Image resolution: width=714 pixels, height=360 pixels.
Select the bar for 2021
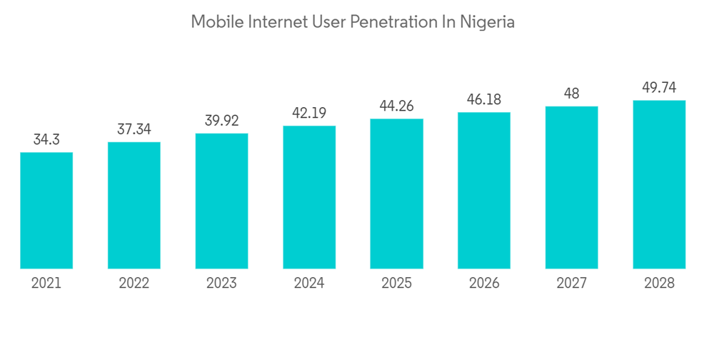click(x=46, y=210)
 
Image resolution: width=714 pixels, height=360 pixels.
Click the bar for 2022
click(x=134, y=205)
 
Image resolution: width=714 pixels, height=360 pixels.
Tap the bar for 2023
click(x=221, y=201)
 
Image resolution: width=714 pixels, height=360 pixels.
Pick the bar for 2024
click(x=309, y=197)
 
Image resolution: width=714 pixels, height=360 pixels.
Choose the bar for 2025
click(x=397, y=194)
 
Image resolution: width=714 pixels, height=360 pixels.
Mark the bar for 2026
click(x=484, y=190)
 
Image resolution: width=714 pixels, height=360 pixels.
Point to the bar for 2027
click(x=571, y=187)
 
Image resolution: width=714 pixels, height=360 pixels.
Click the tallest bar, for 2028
click(x=659, y=184)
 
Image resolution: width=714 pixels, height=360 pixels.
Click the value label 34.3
click(x=46, y=140)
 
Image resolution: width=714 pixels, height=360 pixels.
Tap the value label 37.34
click(x=134, y=129)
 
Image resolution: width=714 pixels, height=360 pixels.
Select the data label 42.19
click(x=309, y=113)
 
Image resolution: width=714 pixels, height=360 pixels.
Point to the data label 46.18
click(x=484, y=99)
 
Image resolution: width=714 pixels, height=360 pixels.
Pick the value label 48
click(x=571, y=94)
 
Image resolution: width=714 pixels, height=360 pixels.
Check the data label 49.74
click(x=659, y=87)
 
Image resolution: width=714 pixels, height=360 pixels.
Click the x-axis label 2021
click(x=46, y=284)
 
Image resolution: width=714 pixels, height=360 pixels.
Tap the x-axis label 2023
click(x=221, y=284)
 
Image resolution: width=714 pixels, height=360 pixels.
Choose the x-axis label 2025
click(x=397, y=284)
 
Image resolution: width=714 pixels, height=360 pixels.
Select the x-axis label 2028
click(x=659, y=284)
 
